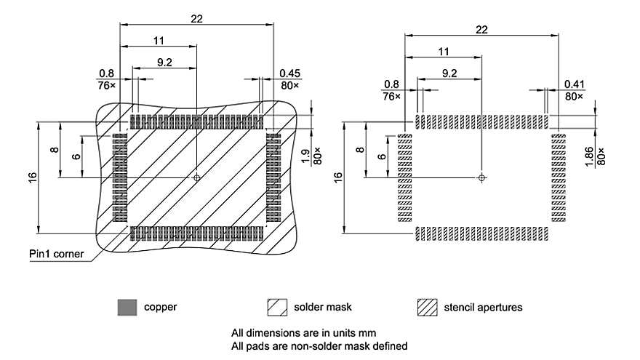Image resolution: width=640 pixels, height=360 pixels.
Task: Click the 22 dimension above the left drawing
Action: [x=196, y=19]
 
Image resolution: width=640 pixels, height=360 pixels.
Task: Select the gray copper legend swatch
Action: [x=127, y=307]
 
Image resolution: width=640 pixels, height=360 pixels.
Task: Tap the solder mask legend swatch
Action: [x=276, y=307]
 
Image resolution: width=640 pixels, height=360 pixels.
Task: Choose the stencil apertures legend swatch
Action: [x=427, y=307]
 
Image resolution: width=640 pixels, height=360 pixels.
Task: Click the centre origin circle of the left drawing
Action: [x=196, y=177]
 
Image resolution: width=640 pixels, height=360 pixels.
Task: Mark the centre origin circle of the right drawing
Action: [x=481, y=177]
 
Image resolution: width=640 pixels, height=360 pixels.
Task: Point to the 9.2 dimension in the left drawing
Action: [x=164, y=63]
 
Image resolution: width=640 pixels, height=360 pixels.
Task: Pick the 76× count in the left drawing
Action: [x=106, y=85]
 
